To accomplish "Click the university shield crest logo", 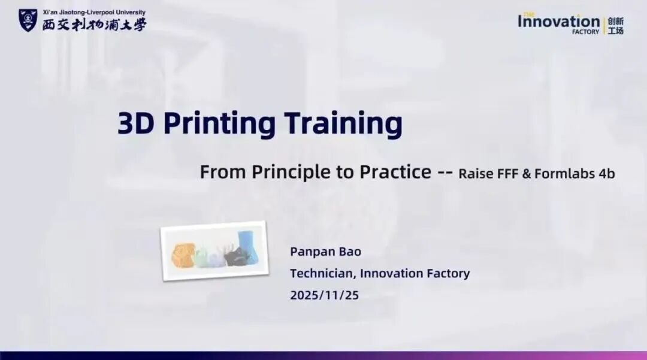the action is (28, 20).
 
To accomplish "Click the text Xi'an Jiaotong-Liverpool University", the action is (94, 13).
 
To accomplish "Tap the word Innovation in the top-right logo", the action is (559, 21).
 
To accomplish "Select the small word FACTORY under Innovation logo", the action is (585, 32).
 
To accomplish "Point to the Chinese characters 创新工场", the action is (616, 26).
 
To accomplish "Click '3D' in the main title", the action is (136, 123).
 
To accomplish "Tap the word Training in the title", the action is (343, 124).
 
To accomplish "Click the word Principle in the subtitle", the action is (291, 172).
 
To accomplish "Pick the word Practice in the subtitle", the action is (395, 171).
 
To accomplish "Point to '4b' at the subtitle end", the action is (606, 174).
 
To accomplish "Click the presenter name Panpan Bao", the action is (325, 252).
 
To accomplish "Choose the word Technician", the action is (323, 273).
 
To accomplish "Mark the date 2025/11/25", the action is (324, 295).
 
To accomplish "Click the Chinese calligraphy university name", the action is (95, 25).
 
